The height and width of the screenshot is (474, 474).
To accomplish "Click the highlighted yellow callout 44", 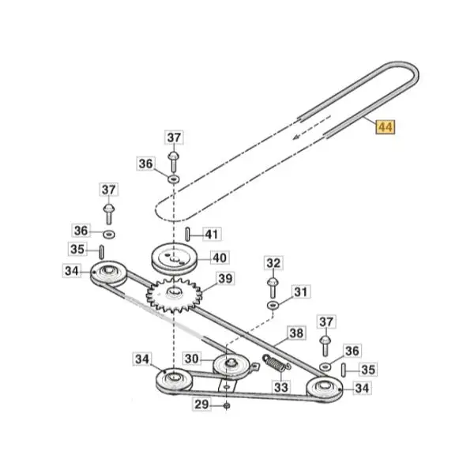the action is click(386, 127).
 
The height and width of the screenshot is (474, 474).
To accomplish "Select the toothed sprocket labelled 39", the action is click(174, 295).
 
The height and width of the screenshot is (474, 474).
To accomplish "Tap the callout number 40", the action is click(220, 258).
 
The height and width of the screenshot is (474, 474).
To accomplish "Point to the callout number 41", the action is click(211, 234).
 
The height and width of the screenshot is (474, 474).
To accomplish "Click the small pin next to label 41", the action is click(188, 235).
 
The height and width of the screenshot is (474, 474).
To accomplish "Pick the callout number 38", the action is click(296, 333).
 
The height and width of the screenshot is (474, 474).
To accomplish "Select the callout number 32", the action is click(273, 263).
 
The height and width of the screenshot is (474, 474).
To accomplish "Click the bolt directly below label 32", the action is click(273, 288).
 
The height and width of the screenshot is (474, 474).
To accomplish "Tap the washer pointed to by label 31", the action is click(273, 305).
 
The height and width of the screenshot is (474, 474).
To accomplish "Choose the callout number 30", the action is click(191, 359).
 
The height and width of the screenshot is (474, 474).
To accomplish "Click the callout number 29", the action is click(201, 404).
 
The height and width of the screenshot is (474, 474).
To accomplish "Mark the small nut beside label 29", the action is click(227, 405).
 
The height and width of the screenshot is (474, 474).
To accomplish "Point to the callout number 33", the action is click(281, 387).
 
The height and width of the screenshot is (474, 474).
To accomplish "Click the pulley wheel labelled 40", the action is click(174, 259).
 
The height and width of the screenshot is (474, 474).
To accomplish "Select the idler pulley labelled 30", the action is click(231, 366).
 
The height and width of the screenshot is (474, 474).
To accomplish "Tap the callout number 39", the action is click(225, 279).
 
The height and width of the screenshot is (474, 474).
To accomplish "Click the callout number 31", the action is click(300, 292).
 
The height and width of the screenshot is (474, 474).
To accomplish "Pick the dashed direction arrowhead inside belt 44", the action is click(296, 137).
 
